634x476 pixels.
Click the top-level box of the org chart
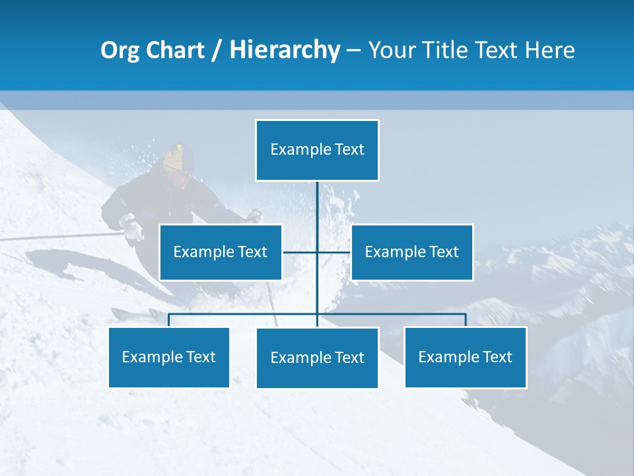pos(317,150)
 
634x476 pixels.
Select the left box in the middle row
pos(221,252)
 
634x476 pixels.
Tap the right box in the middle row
pos(411,252)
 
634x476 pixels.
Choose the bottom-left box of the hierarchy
pos(169,357)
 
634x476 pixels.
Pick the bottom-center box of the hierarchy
pos(317,358)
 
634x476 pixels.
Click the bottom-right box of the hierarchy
pos(466,357)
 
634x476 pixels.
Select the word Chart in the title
pos(174,50)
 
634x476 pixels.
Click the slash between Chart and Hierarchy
pos(217,50)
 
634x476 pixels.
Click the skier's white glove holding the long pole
pos(133,228)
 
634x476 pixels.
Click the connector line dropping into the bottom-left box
pos(169,320)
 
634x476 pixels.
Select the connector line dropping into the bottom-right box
pos(466,320)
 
